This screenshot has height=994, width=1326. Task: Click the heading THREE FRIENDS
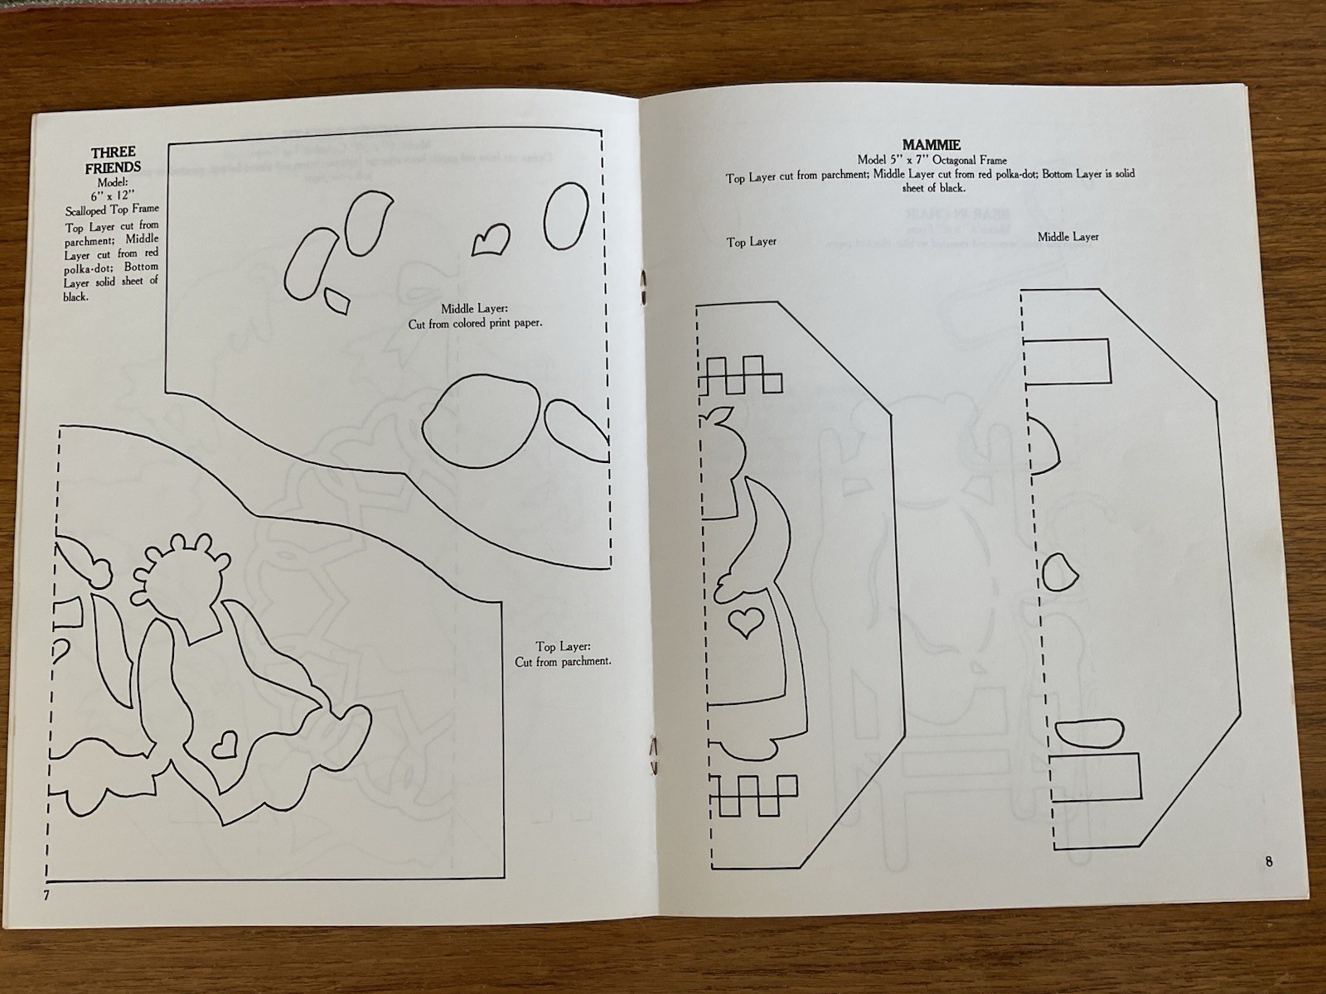[114, 159]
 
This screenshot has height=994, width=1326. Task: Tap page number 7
[46, 895]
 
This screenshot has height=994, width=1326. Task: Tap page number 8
[1269, 861]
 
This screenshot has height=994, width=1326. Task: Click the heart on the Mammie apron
[746, 622]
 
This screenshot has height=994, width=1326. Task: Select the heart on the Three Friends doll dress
[226, 745]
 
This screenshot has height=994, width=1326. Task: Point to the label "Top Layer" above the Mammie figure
[752, 242]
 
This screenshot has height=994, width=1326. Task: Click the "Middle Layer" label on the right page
[1068, 237]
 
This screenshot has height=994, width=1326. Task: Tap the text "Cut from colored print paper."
[475, 324]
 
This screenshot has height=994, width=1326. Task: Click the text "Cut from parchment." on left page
[563, 662]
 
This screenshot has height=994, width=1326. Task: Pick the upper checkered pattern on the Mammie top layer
[741, 374]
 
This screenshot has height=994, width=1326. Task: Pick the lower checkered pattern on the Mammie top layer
[754, 795]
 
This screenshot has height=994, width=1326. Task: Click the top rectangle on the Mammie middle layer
[1067, 361]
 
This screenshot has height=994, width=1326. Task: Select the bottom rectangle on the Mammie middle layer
[1096, 777]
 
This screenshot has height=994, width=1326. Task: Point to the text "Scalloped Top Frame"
[113, 210]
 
